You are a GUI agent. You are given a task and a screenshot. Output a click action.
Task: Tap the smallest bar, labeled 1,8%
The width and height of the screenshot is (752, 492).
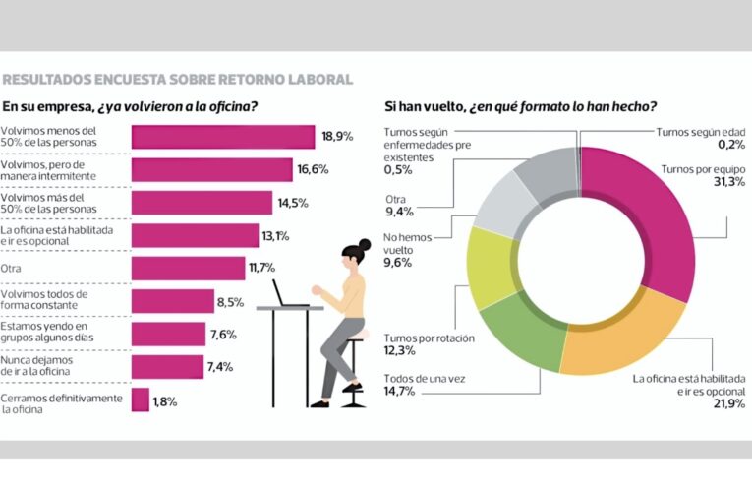(x=140, y=400)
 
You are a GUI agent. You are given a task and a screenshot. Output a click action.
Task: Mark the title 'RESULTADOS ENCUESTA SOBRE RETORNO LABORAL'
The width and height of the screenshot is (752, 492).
(x=177, y=79)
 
